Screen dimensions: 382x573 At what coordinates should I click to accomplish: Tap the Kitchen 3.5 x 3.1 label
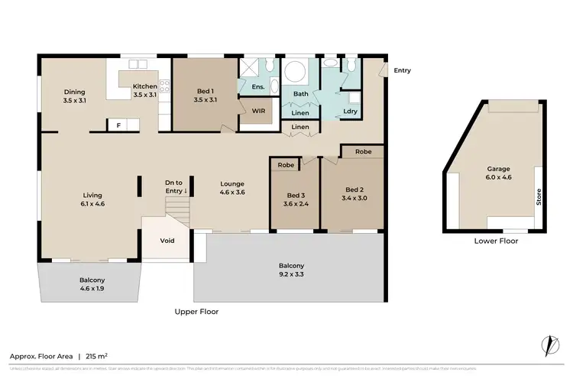[144, 91]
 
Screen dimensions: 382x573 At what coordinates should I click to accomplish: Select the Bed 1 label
[206, 95]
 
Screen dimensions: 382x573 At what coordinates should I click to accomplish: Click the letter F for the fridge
[118, 124]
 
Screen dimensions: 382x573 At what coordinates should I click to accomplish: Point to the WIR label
[258, 110]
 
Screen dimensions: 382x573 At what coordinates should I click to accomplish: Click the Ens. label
[257, 87]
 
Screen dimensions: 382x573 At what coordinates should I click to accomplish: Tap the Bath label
[301, 94]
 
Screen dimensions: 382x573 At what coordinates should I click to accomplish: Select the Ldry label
[351, 112]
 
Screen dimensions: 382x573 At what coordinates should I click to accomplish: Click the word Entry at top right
[402, 71]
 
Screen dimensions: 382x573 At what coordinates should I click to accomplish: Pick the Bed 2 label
[351, 194]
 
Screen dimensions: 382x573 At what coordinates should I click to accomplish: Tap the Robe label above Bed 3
[286, 165]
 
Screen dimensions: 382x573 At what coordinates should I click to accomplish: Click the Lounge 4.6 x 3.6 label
[231, 188]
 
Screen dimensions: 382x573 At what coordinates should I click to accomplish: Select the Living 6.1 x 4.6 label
[91, 199]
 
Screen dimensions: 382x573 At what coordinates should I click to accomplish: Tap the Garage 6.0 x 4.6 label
[498, 173]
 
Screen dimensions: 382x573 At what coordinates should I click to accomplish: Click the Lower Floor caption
[494, 241]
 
